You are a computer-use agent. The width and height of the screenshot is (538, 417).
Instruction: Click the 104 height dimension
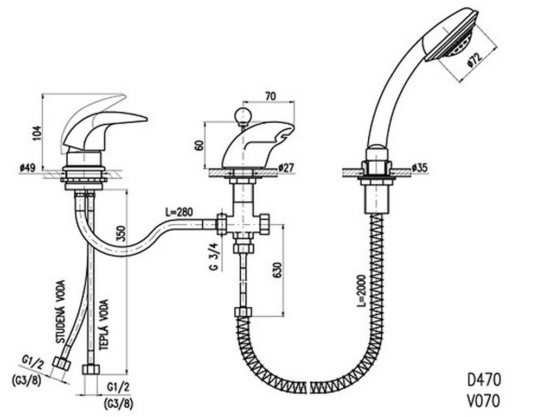click(x=37, y=133)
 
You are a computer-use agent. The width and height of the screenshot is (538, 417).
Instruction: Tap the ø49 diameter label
click(x=28, y=168)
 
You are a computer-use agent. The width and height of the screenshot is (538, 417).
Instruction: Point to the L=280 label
click(x=179, y=212)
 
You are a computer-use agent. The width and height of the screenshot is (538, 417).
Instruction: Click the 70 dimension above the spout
click(x=270, y=97)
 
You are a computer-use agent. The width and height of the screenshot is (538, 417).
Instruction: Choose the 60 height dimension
click(x=199, y=144)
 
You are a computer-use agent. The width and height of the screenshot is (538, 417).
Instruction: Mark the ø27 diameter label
click(x=286, y=168)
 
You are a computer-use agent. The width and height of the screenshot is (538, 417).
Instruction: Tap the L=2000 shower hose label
click(x=361, y=290)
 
